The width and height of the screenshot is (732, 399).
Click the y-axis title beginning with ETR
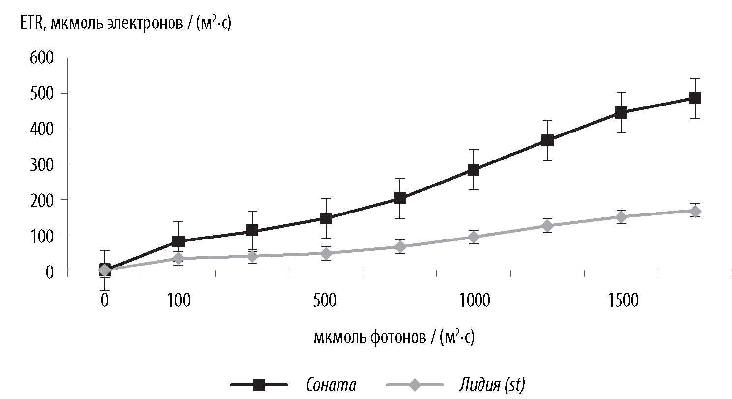[x=126, y=23]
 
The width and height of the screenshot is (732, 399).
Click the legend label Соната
[x=331, y=385]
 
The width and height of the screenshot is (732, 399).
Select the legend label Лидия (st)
[x=492, y=385]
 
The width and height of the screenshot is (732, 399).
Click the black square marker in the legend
[x=259, y=385]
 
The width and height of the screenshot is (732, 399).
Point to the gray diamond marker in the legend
[x=415, y=385]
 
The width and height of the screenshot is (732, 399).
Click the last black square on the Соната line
[x=695, y=98]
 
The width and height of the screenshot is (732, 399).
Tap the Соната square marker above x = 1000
[x=474, y=170]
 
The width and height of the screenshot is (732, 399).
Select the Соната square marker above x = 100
[x=178, y=241]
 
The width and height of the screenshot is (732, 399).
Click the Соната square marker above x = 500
[x=326, y=218]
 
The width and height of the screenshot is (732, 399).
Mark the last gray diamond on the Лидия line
[x=695, y=211]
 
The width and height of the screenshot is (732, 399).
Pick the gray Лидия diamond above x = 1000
[x=474, y=237]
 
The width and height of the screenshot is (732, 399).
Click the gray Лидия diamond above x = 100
[x=178, y=258]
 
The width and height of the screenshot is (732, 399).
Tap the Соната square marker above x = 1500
[x=621, y=112]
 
